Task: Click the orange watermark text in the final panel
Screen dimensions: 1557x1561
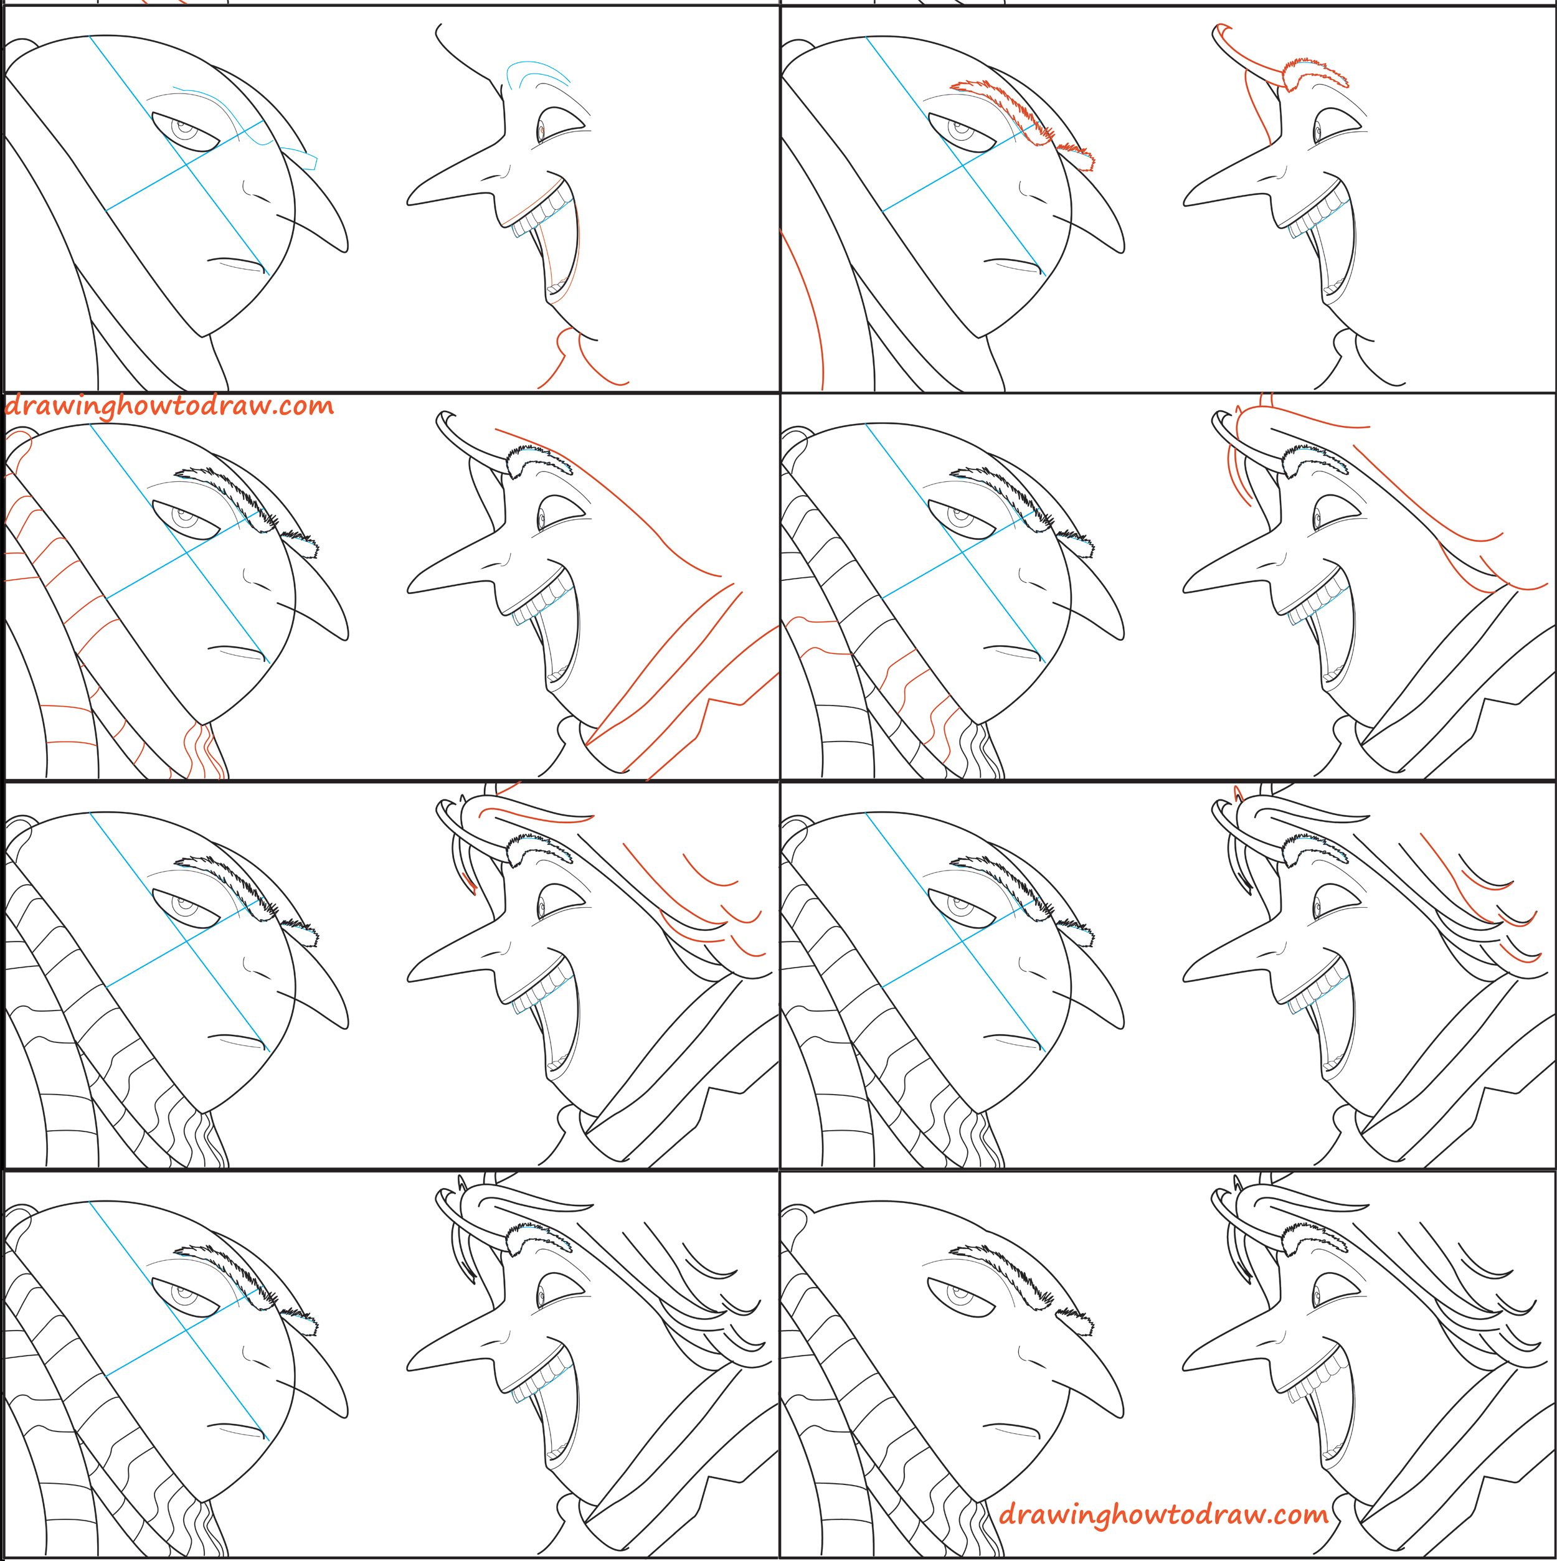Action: point(1163,1514)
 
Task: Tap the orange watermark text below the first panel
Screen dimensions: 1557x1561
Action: point(169,405)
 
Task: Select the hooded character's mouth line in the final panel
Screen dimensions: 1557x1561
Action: point(1010,1428)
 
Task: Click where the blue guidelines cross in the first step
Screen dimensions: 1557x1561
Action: point(187,164)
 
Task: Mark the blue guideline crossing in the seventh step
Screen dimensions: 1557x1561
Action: point(187,1330)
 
